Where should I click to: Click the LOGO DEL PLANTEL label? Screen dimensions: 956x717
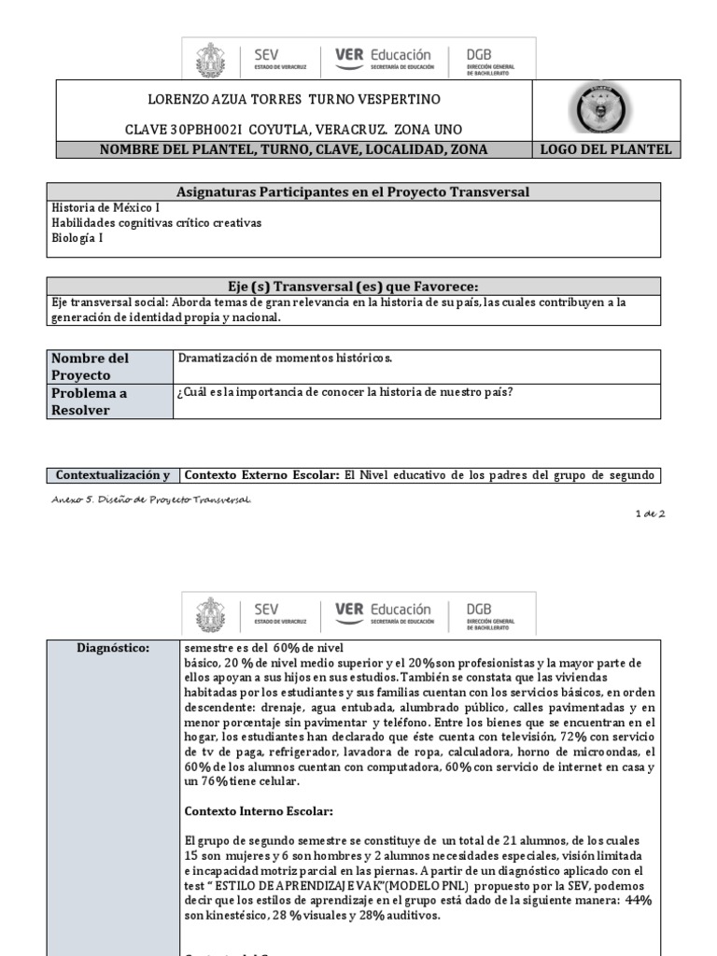click(605, 149)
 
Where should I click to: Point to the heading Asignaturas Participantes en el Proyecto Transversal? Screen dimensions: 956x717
click(353, 191)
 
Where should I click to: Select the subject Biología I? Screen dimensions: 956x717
click(77, 238)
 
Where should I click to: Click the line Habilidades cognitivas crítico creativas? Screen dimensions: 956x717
click(157, 223)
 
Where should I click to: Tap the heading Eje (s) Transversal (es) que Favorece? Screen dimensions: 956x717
click(353, 286)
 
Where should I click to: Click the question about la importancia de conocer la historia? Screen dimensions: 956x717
click(344, 392)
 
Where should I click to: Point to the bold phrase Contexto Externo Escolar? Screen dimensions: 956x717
click(261, 475)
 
